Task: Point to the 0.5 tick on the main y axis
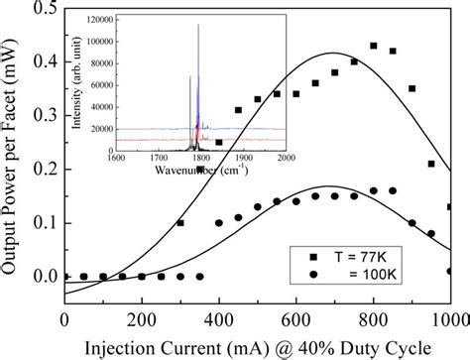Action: click(x=40, y=9)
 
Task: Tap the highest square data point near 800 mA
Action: click(x=374, y=46)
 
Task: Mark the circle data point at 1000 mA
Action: click(x=450, y=271)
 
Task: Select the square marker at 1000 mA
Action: click(x=450, y=207)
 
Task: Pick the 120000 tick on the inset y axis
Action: click(x=99, y=21)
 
